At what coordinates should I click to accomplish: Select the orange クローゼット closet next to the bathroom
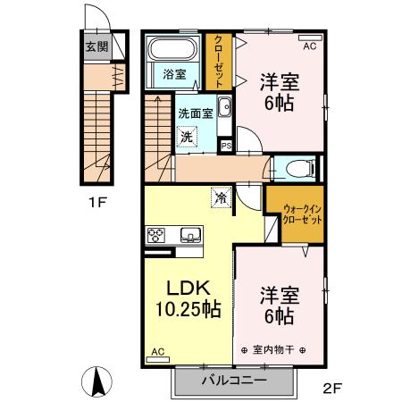tap(216, 61)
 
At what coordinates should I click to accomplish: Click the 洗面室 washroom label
tap(194, 113)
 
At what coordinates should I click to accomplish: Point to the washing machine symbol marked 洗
tap(187, 137)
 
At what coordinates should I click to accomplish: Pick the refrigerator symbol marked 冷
tap(220, 197)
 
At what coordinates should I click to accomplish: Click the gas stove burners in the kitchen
tap(155, 236)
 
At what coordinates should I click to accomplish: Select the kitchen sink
tap(189, 236)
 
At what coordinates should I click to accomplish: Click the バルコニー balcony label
tap(233, 380)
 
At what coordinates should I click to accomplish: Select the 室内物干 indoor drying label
tap(273, 349)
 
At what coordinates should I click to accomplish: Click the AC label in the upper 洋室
tap(310, 46)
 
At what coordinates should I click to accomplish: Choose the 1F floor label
tap(97, 202)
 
